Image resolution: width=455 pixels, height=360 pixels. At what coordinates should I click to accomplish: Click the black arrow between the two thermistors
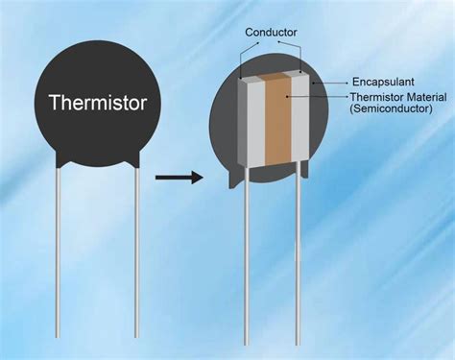(x=180, y=177)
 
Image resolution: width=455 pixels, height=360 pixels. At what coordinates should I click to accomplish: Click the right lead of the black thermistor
(x=137, y=250)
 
